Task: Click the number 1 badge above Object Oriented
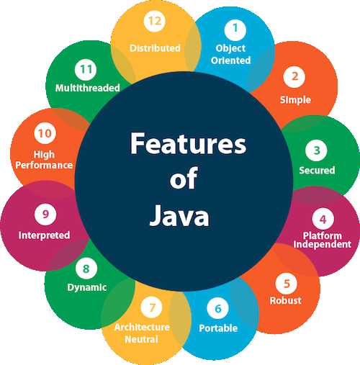tap(235, 30)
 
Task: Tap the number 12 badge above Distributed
tap(155, 21)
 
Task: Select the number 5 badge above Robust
tap(287, 284)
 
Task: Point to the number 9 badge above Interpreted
tap(45, 215)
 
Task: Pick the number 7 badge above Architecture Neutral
tap(152, 307)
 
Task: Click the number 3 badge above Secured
tap(316, 150)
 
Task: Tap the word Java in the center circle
tap(179, 215)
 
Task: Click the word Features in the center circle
tap(188, 143)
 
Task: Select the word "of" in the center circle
tap(184, 178)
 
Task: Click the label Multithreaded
tap(88, 88)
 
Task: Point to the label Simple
tap(295, 100)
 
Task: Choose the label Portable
tap(218, 328)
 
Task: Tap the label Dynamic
tap(87, 287)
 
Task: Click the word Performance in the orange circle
tap(44, 165)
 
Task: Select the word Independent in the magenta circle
tap(323, 244)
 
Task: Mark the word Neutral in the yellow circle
tap(141, 339)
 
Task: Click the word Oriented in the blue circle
tap(231, 60)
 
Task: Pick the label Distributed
tap(155, 48)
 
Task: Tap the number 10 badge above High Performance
tap(45, 133)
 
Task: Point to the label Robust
tap(286, 300)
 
